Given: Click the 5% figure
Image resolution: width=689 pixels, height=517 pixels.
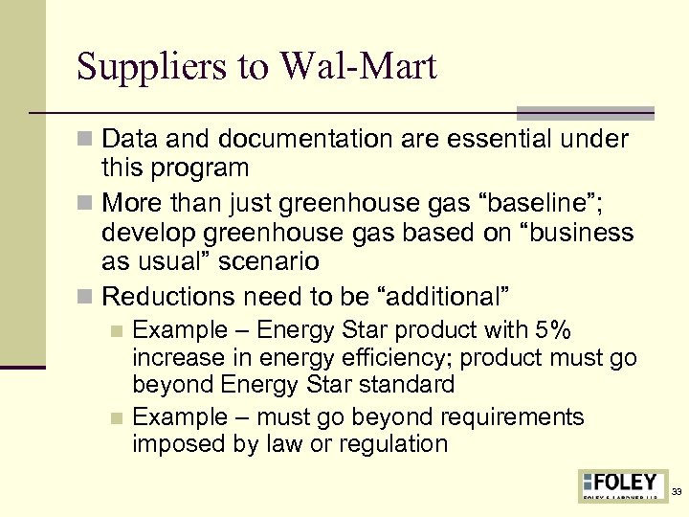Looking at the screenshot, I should coord(553,331).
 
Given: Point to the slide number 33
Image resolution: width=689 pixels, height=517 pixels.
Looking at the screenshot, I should coord(677,491).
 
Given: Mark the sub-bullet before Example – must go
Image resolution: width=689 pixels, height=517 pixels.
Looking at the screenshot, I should coord(117,418).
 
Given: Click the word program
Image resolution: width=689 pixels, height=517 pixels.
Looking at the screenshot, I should coord(203,169).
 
